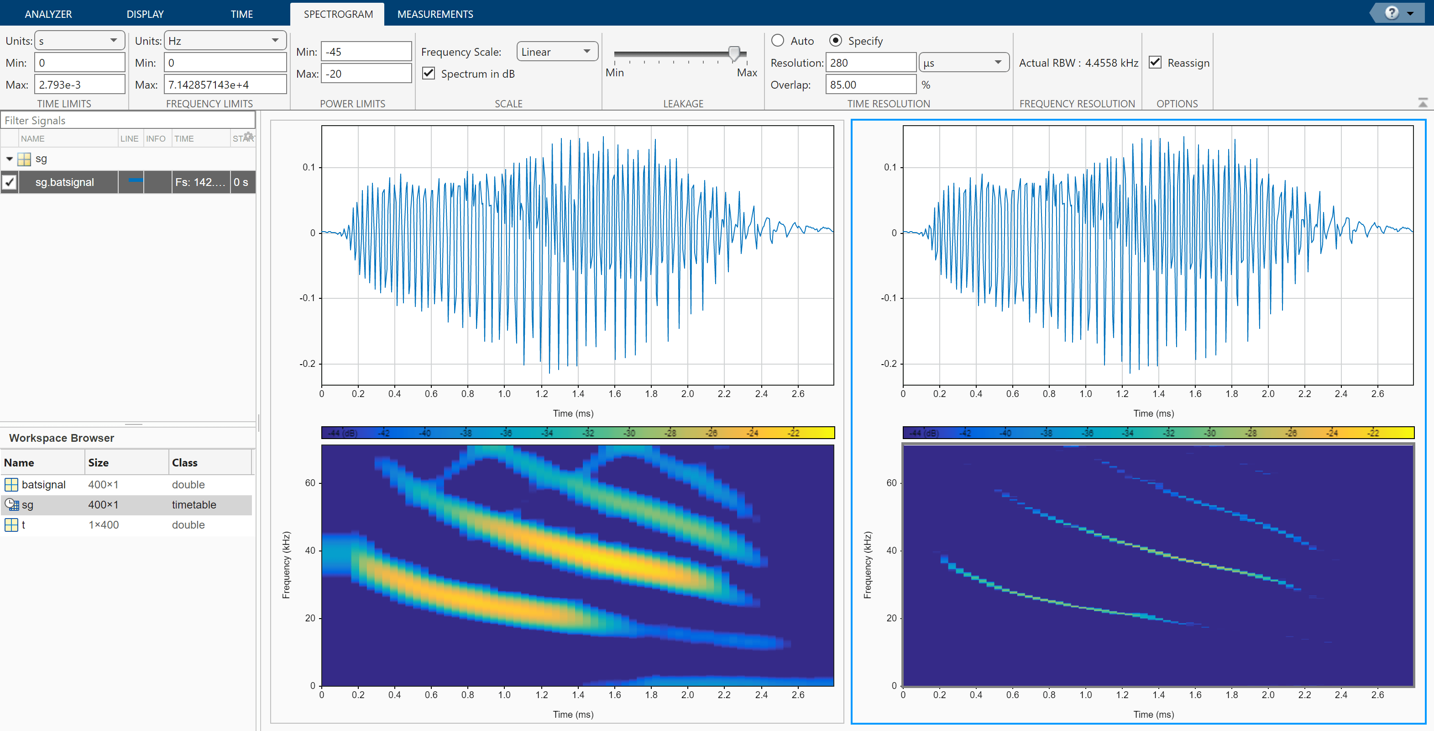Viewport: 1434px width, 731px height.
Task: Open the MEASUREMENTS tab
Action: coord(435,14)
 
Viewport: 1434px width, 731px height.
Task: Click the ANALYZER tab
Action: coord(48,14)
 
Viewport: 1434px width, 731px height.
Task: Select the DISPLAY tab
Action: coord(145,14)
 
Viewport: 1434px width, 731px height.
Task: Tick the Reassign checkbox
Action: coord(1155,63)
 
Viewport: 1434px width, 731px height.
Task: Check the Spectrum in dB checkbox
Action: coord(429,74)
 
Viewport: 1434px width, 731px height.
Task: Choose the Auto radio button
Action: coord(778,41)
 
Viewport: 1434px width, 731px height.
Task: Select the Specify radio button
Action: coord(835,41)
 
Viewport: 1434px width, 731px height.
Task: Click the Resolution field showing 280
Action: coord(870,63)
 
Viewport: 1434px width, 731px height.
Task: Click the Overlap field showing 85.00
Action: coord(870,85)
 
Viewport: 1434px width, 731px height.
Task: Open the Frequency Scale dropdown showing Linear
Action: coord(557,52)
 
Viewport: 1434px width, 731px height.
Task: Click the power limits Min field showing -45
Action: coord(366,52)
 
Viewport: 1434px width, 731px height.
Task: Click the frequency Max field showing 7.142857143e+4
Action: coord(225,85)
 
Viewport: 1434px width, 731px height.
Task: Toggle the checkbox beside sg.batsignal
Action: coord(10,182)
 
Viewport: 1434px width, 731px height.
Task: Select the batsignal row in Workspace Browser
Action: coord(43,485)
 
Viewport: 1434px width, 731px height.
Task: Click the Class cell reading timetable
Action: coord(194,505)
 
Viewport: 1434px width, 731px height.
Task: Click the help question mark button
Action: coord(1391,13)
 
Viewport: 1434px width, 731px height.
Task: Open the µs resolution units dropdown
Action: coord(963,63)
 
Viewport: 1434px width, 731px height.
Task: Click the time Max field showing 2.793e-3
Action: coord(79,85)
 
